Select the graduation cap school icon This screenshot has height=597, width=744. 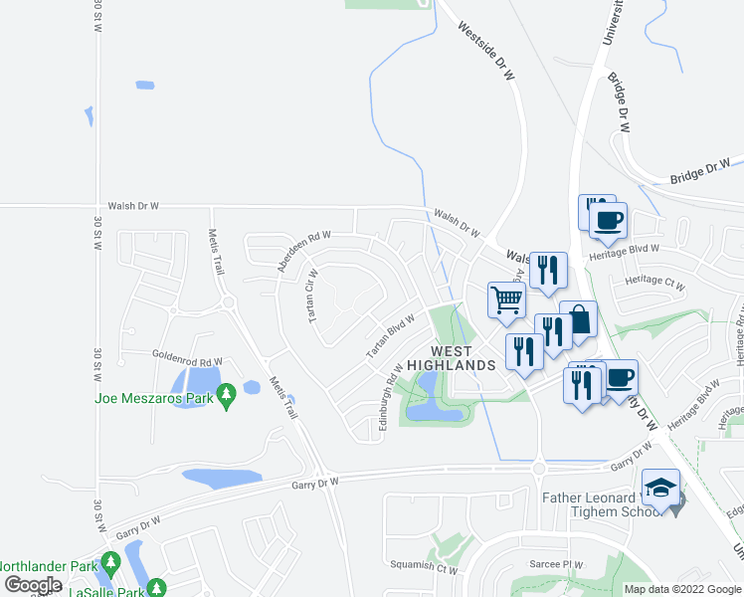(x=660, y=488)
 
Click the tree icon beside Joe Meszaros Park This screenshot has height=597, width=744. (x=227, y=397)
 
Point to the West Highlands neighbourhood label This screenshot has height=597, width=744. (x=464, y=358)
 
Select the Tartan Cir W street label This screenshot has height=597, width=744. (x=312, y=294)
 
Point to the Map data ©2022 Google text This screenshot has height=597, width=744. (x=681, y=589)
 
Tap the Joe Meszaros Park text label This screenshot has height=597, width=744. (x=154, y=398)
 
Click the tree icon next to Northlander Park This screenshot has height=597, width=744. (x=109, y=563)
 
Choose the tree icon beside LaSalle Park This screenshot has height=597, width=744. (x=154, y=590)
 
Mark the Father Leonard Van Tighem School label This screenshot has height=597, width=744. (x=601, y=504)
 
